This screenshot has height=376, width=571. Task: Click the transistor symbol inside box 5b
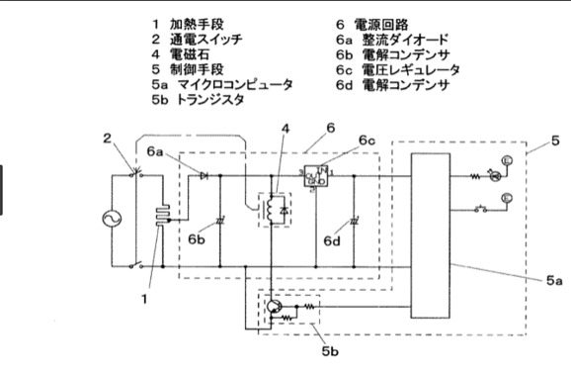point(274,308)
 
